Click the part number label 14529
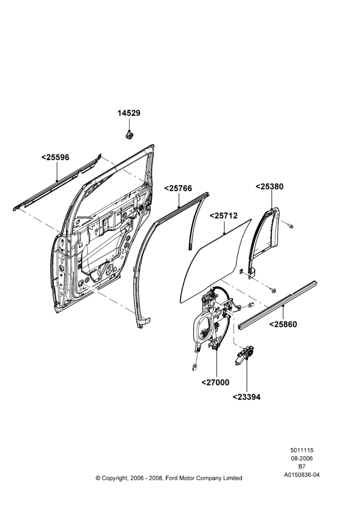pos(129,113)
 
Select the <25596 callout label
pos(55,157)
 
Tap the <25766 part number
pos(178,188)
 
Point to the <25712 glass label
pos(224,215)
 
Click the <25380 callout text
pos(269,186)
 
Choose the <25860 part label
pos(283,324)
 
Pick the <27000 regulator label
pos(216,383)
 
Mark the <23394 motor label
pos(247,397)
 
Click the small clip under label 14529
pos(129,134)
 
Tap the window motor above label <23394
pos(244,356)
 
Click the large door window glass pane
pos(216,259)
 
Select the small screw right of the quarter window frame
pos(290,225)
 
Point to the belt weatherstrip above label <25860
pos(278,305)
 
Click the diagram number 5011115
pos(302,450)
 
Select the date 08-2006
pos(302,458)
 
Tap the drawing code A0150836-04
pos(302,475)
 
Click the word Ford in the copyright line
pos(172,478)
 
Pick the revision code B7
pos(302,467)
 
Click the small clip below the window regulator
pos(195,367)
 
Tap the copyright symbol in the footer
pos(98,478)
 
